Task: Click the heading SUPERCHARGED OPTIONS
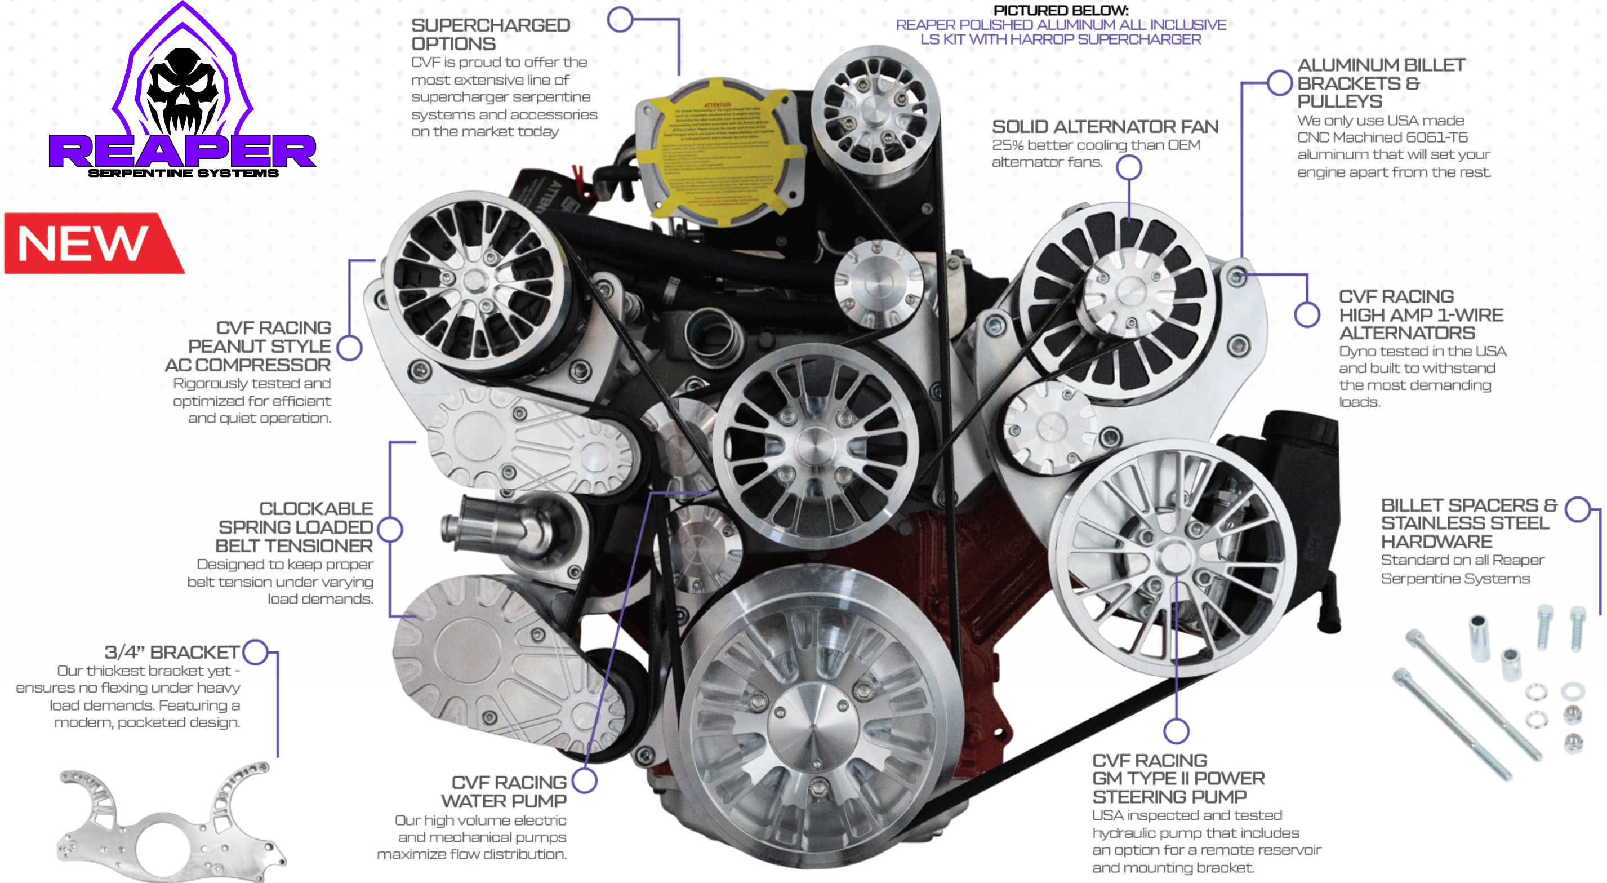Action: pyautogui.click(x=491, y=34)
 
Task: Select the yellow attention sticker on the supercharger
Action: pyautogui.click(x=718, y=153)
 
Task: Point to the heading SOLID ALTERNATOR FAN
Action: pyautogui.click(x=1105, y=127)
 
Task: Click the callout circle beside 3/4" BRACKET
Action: pyautogui.click(x=255, y=652)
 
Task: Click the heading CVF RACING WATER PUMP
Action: pyautogui.click(x=509, y=791)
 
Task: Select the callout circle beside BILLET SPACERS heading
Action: pyautogui.click(x=1578, y=509)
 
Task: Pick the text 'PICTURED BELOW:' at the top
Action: pyautogui.click(x=1061, y=11)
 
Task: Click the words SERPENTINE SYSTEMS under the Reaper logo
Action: pyautogui.click(x=183, y=173)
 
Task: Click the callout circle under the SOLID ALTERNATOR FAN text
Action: pyautogui.click(x=1129, y=167)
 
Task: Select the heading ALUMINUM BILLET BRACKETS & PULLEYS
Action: pyautogui.click(x=1380, y=83)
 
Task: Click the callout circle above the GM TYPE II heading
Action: pyautogui.click(x=1176, y=731)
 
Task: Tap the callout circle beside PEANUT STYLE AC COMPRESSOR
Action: pyautogui.click(x=349, y=348)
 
